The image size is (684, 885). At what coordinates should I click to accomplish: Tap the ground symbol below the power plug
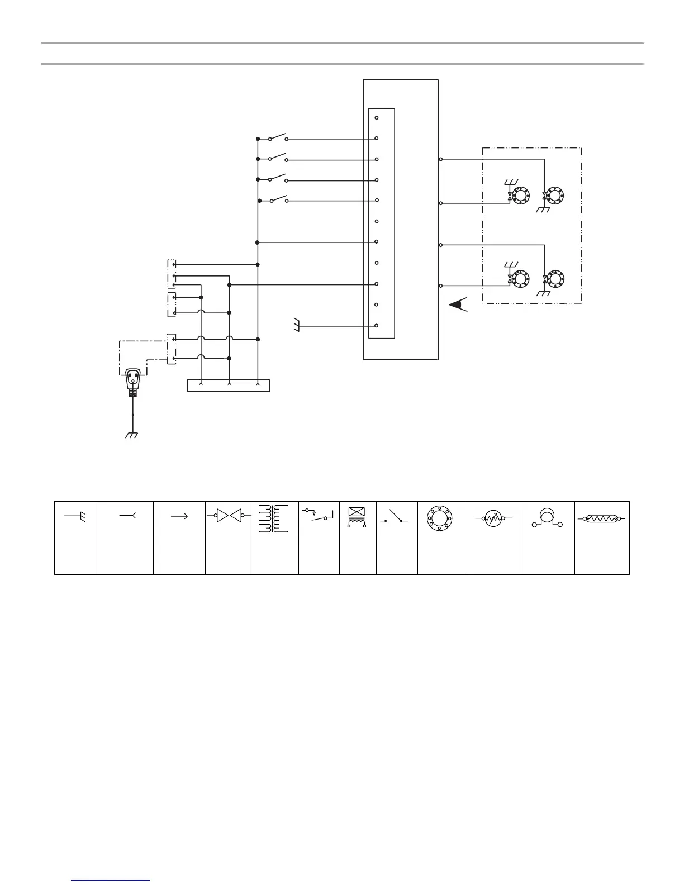pyautogui.click(x=132, y=435)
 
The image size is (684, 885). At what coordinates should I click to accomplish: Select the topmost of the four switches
pyautogui.click(x=278, y=137)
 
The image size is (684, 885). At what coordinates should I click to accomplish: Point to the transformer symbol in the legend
pyautogui.click(x=274, y=519)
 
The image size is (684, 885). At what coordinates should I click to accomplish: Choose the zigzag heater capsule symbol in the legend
pyautogui.click(x=601, y=518)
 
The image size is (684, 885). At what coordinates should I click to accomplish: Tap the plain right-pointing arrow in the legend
pyautogui.click(x=179, y=517)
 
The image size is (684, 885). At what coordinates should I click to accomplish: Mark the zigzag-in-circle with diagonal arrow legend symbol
pyautogui.click(x=490, y=518)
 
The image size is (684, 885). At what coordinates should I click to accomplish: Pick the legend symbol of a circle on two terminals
pyautogui.click(x=548, y=518)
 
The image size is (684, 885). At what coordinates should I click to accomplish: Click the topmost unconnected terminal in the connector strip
pyautogui.click(x=377, y=118)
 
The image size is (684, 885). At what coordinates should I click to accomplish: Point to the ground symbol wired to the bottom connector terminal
pyautogui.click(x=296, y=325)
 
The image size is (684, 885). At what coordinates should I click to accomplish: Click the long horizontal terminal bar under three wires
pyautogui.click(x=228, y=386)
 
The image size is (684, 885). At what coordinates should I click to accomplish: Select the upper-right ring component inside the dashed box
pyautogui.click(x=556, y=196)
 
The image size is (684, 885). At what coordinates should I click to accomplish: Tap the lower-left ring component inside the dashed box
pyautogui.click(x=521, y=278)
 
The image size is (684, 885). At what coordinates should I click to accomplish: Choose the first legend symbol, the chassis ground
pyautogui.click(x=75, y=517)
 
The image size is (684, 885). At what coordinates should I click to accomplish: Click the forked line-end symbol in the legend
pyautogui.click(x=128, y=516)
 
